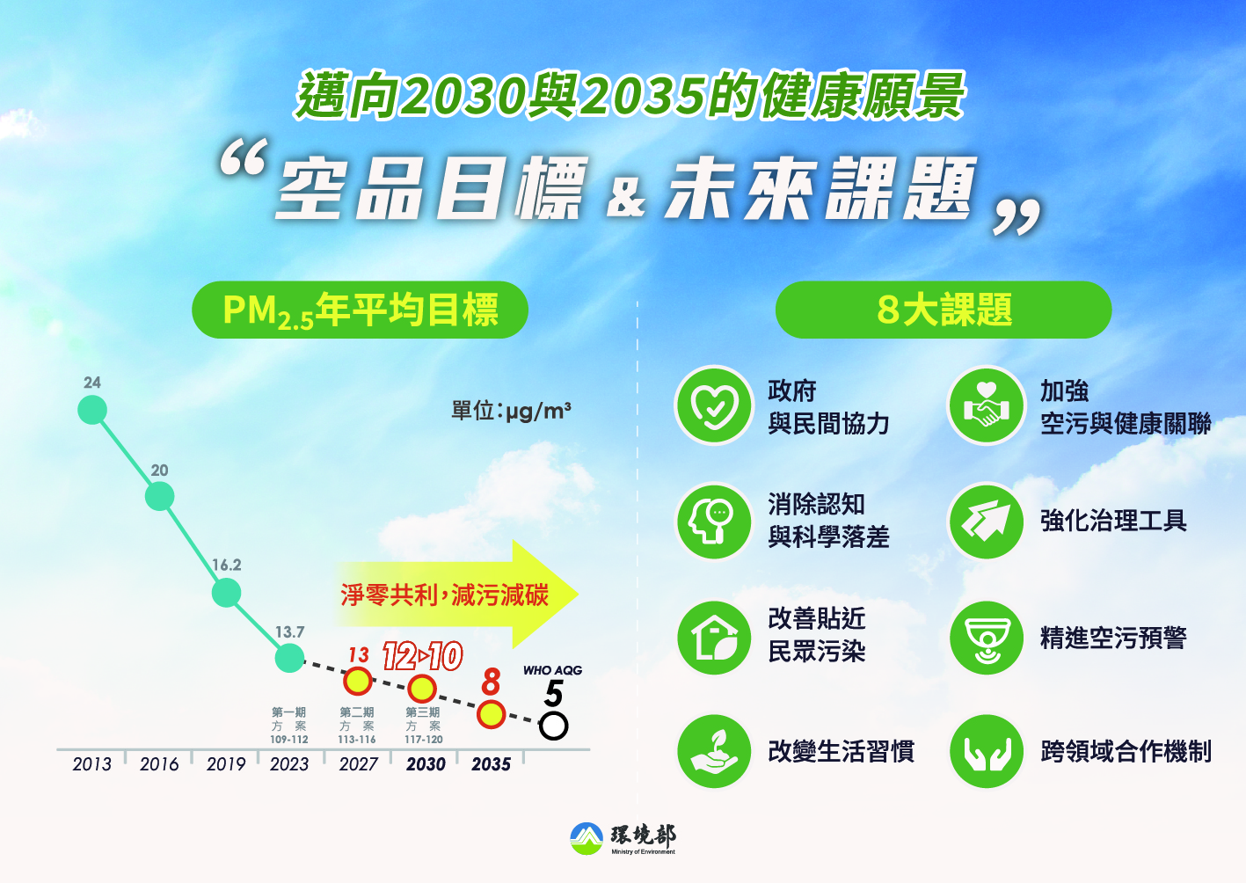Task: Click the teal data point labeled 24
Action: click(x=92, y=410)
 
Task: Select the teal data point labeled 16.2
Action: click(x=226, y=592)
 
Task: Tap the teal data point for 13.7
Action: click(x=290, y=658)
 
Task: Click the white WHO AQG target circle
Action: click(x=553, y=726)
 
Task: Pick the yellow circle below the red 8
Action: click(x=492, y=714)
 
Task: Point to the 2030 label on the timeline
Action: click(x=426, y=764)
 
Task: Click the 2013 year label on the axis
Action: click(x=91, y=764)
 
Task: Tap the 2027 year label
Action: click(x=358, y=764)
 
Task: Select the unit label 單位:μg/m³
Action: click(x=511, y=411)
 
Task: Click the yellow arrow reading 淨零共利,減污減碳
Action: click(x=456, y=595)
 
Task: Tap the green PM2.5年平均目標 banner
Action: click(x=360, y=310)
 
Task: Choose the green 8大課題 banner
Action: click(x=944, y=310)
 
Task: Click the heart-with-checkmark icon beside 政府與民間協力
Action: click(x=714, y=405)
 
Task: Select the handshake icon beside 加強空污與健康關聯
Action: click(x=987, y=405)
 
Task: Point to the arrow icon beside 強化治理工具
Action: click(x=987, y=522)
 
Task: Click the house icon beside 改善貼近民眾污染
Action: click(x=714, y=638)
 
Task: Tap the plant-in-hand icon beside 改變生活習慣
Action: click(x=714, y=751)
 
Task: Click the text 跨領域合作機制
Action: click(x=1126, y=751)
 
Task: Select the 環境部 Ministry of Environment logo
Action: click(x=623, y=838)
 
